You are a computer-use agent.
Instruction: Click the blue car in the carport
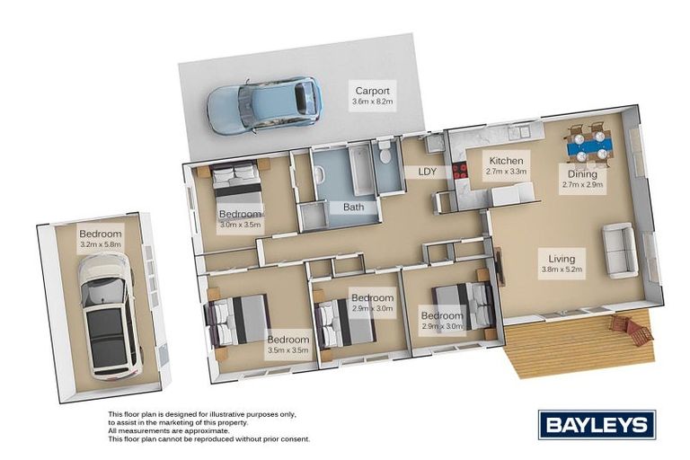[x=263, y=105]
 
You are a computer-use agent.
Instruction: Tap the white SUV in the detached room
[x=110, y=316]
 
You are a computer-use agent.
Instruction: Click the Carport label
[x=372, y=91]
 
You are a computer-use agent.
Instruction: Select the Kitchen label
[x=506, y=161]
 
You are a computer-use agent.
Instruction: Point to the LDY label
[x=427, y=172]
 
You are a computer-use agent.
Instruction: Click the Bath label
[x=353, y=207]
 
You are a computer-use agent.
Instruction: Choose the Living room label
[x=562, y=259]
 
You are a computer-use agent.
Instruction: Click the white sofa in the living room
[x=620, y=251]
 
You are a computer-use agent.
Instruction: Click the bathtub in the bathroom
[x=363, y=170]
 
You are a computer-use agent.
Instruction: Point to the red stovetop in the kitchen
[x=459, y=171]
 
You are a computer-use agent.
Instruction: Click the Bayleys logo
[x=597, y=425]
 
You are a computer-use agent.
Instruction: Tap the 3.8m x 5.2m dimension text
[x=562, y=270]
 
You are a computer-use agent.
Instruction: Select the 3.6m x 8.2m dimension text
[x=372, y=102]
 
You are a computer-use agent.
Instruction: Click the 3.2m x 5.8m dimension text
[x=101, y=243]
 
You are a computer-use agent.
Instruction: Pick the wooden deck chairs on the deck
[x=631, y=330]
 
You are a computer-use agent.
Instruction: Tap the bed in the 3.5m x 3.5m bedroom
[x=238, y=320]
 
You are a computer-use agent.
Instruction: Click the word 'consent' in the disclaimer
[x=297, y=438]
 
